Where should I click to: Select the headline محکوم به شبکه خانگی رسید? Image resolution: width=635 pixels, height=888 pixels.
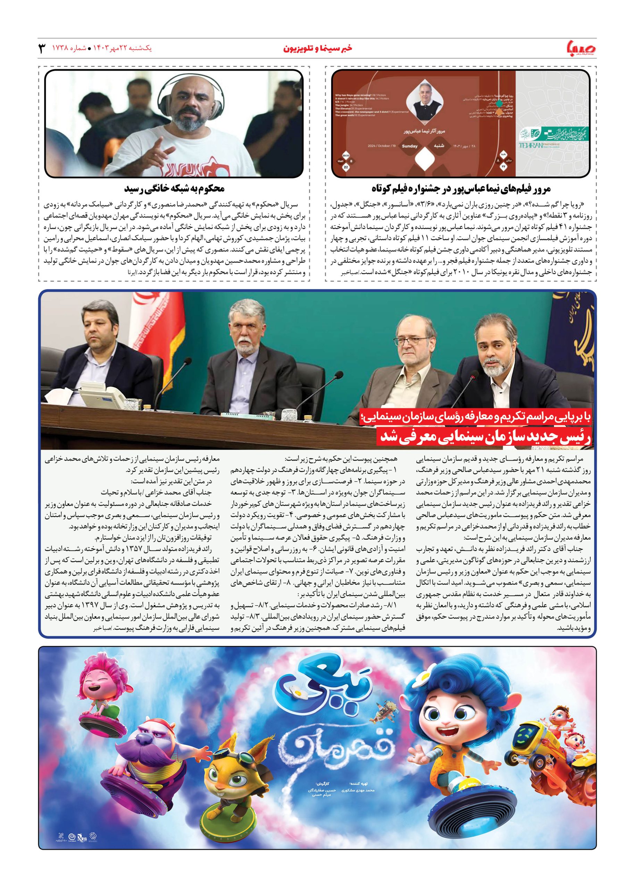[x=174, y=189]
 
